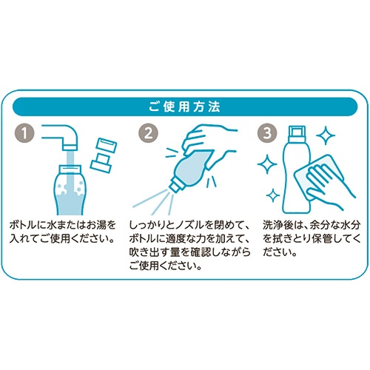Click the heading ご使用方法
coord(184,107)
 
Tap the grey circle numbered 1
coord(24,133)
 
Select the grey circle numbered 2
coord(148,133)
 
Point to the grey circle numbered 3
coord(267,133)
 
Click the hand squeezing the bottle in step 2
coord(209,146)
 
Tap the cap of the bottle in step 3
coord(297,134)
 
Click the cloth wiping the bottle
coord(318,178)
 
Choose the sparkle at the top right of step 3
coord(326,135)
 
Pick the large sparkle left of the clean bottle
coord(267,164)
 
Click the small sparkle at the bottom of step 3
coord(273,195)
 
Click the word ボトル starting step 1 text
coord(24,225)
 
